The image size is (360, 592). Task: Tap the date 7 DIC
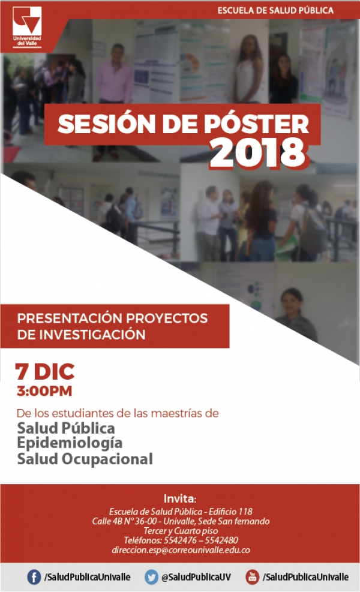coord(46,372)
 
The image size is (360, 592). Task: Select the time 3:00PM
coord(45,392)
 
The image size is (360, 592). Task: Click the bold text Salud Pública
coord(66,429)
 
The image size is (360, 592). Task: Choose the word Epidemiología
coord(70,444)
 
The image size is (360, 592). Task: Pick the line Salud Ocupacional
coord(85,459)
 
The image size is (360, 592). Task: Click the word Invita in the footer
coord(179,498)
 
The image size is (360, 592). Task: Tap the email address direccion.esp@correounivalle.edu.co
coord(181,550)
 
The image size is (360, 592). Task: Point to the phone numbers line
coord(181,540)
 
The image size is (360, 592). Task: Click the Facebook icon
coord(34,577)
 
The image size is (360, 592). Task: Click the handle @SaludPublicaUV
coord(196,577)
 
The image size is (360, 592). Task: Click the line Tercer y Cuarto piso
coord(181,531)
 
